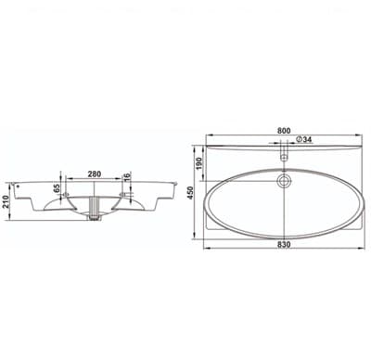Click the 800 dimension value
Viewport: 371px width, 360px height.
pyautogui.click(x=284, y=131)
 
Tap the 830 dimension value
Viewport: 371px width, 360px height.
pyautogui.click(x=284, y=244)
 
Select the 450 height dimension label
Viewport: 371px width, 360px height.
pyautogui.click(x=190, y=193)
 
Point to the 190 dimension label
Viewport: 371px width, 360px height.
pyautogui.click(x=198, y=163)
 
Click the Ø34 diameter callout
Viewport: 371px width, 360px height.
pyautogui.click(x=304, y=139)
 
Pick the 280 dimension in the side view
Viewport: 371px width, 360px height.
pyautogui.click(x=94, y=174)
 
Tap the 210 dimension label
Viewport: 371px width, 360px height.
pyautogui.click(x=5, y=201)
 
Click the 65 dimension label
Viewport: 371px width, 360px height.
pyautogui.click(x=57, y=188)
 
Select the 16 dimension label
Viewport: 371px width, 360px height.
pyautogui.click(x=127, y=176)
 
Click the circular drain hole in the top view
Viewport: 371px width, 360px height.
pyautogui.click(x=284, y=182)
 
